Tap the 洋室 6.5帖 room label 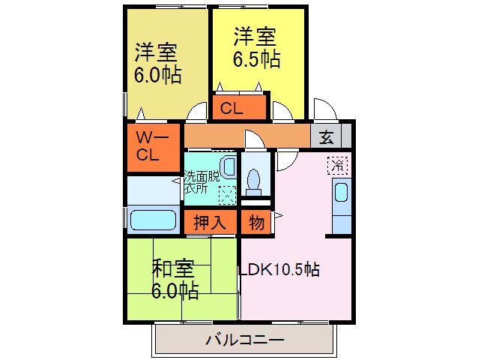click(x=257, y=48)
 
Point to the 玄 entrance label click(x=326, y=136)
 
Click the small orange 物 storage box click(x=254, y=223)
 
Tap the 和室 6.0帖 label click(x=176, y=279)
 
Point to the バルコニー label click(x=244, y=341)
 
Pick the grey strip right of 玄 click(x=346, y=136)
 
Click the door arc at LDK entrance click(x=287, y=160)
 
